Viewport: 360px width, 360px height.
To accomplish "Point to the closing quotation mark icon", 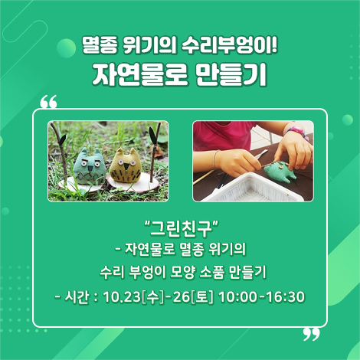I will pos(310,332).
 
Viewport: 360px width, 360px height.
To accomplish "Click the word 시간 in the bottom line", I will pos(79,296).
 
